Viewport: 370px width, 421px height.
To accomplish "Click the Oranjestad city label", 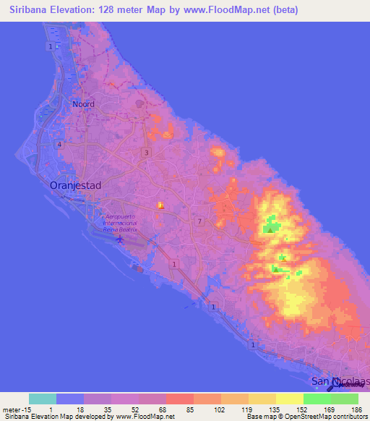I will click(x=75, y=186).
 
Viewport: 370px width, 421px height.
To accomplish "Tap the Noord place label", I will click(x=83, y=104).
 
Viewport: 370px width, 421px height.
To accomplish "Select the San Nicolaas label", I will click(x=339, y=380).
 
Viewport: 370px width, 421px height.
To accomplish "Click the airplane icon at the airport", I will click(x=120, y=238).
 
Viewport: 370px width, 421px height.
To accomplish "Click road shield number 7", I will click(x=199, y=221).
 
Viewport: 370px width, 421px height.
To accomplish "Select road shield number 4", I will click(x=60, y=144).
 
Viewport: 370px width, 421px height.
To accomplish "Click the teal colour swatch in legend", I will click(x=42, y=399).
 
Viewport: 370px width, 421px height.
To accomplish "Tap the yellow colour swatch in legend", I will click(x=289, y=399).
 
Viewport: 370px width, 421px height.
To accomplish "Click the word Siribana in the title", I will click(x=33, y=10).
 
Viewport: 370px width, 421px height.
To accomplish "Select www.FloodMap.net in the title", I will click(x=230, y=10).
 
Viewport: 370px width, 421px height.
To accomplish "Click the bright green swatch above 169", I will click(x=317, y=399).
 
